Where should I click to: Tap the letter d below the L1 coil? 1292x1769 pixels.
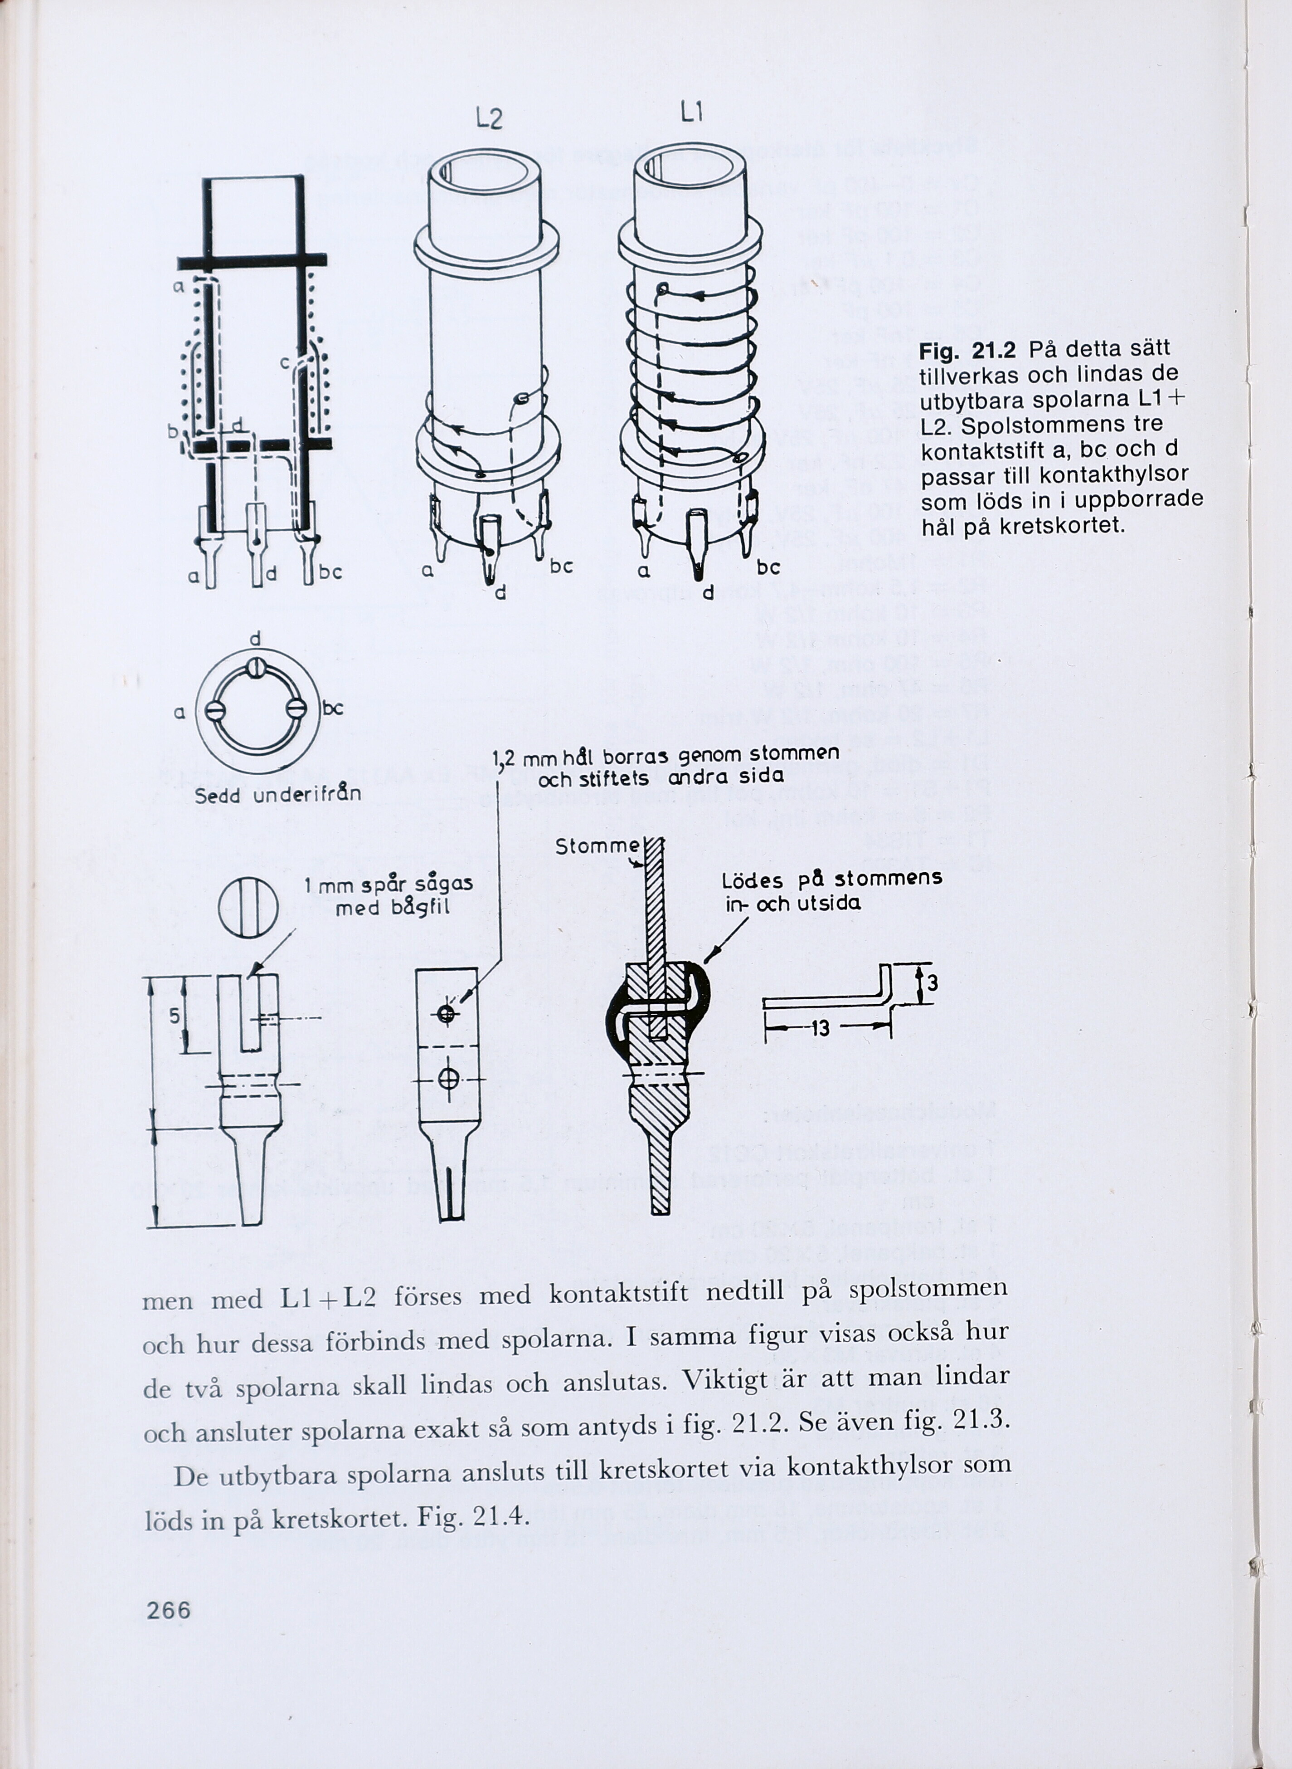coord(707,593)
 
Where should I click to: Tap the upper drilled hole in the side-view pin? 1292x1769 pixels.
coord(447,1014)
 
